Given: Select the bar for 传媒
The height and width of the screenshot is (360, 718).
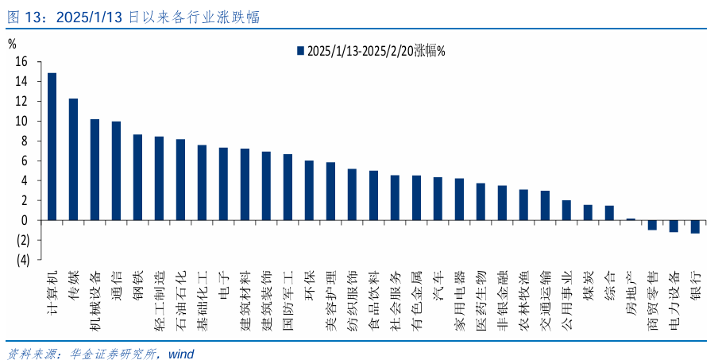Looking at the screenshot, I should click(73, 159).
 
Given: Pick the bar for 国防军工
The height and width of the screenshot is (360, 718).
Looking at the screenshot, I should click(288, 187).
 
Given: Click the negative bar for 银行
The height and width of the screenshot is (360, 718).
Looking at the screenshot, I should click(695, 226).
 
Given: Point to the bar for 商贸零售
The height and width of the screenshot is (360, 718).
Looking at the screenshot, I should click(652, 225).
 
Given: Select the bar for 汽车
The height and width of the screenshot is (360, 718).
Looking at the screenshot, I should click(438, 199).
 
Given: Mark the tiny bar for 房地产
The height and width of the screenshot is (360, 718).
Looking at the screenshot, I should click(631, 219).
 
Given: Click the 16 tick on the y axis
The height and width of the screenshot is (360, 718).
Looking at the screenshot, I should click(21, 61).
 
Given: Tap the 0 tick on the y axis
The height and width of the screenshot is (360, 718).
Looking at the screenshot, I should click(25, 220).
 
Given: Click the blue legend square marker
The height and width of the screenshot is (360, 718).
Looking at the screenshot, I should click(300, 51).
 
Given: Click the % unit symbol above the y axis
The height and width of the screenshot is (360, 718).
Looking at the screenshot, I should click(11, 44).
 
